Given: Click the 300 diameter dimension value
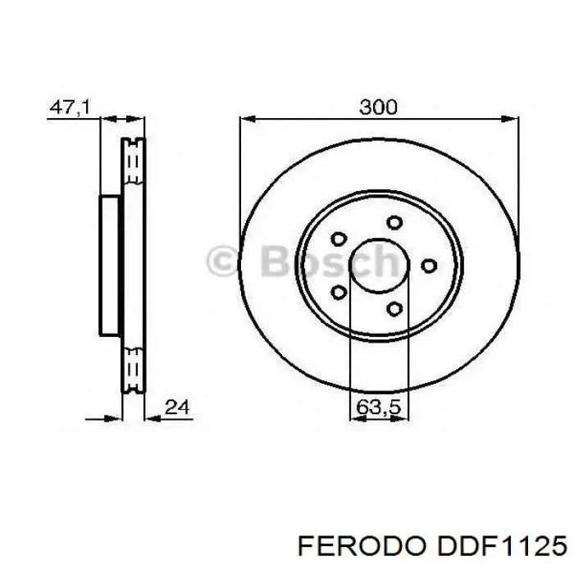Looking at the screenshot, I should tap(378, 107).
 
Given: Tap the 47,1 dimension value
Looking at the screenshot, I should tap(70, 107).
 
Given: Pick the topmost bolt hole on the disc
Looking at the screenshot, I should tap(395, 222).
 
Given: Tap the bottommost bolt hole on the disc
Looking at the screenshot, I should tap(395, 308).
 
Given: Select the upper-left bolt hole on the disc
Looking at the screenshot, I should tap(338, 239).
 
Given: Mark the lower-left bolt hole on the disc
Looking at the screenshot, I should tap(338, 292).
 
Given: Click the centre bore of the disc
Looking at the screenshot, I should tap(378, 266).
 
